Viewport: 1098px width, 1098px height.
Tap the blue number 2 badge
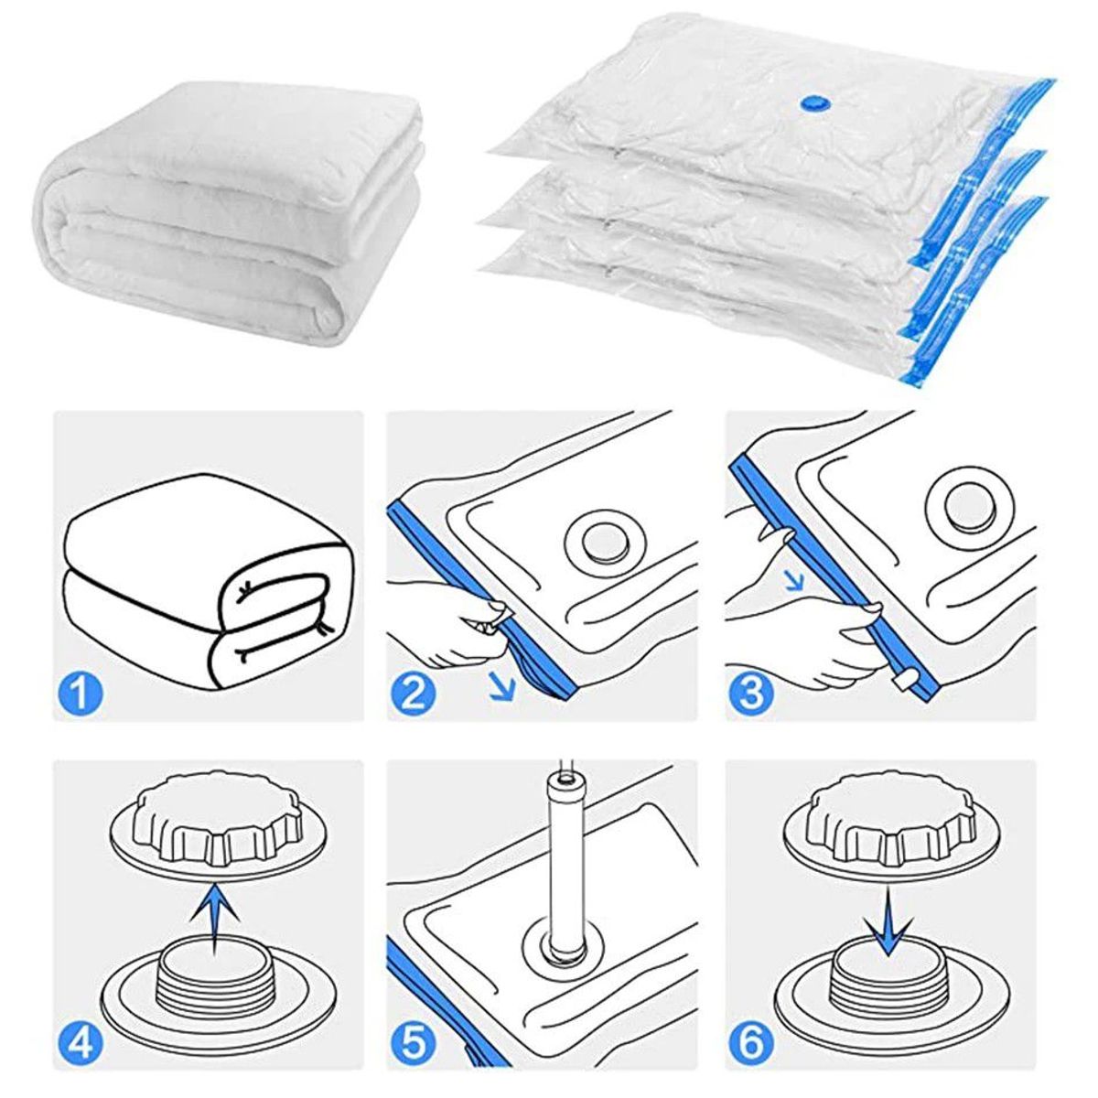[x=414, y=693]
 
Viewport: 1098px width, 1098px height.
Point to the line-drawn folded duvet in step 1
[x=206, y=586]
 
